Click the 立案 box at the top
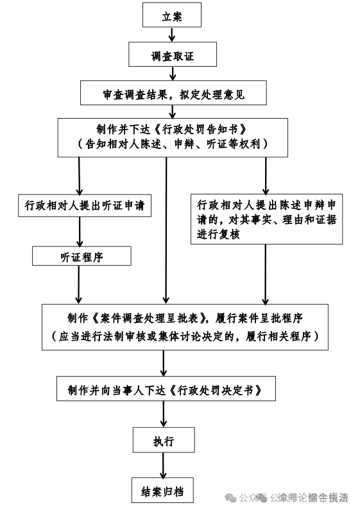click(x=172, y=17)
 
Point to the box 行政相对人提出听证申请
click(x=83, y=206)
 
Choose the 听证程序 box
click(x=81, y=257)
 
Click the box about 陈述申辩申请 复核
click(x=266, y=220)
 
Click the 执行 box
click(x=164, y=441)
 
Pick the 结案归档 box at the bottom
click(x=162, y=491)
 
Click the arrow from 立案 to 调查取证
click(x=172, y=35)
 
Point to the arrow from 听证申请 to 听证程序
click(x=80, y=232)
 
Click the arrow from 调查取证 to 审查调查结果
click(x=172, y=73)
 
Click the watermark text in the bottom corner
click(x=295, y=498)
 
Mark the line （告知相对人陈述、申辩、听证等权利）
click(x=172, y=143)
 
